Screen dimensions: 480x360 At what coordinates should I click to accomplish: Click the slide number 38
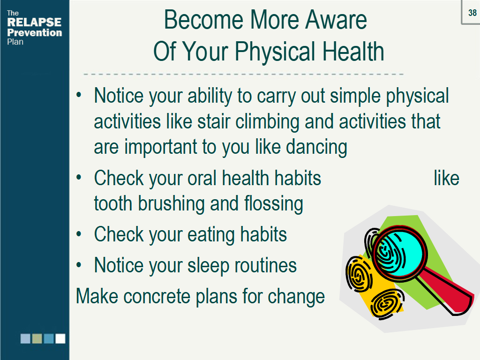click(472, 13)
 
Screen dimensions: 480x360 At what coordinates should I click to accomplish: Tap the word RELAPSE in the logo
click(34, 22)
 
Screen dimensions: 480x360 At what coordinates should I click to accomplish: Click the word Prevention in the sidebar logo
click(35, 32)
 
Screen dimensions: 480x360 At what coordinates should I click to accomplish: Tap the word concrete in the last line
click(157, 296)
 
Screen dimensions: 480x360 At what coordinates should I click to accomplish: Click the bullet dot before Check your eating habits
click(79, 234)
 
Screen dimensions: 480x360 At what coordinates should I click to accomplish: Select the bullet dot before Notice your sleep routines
click(79, 265)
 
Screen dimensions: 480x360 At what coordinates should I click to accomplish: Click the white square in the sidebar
click(60, 338)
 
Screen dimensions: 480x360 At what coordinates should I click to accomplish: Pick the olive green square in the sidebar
click(37, 338)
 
